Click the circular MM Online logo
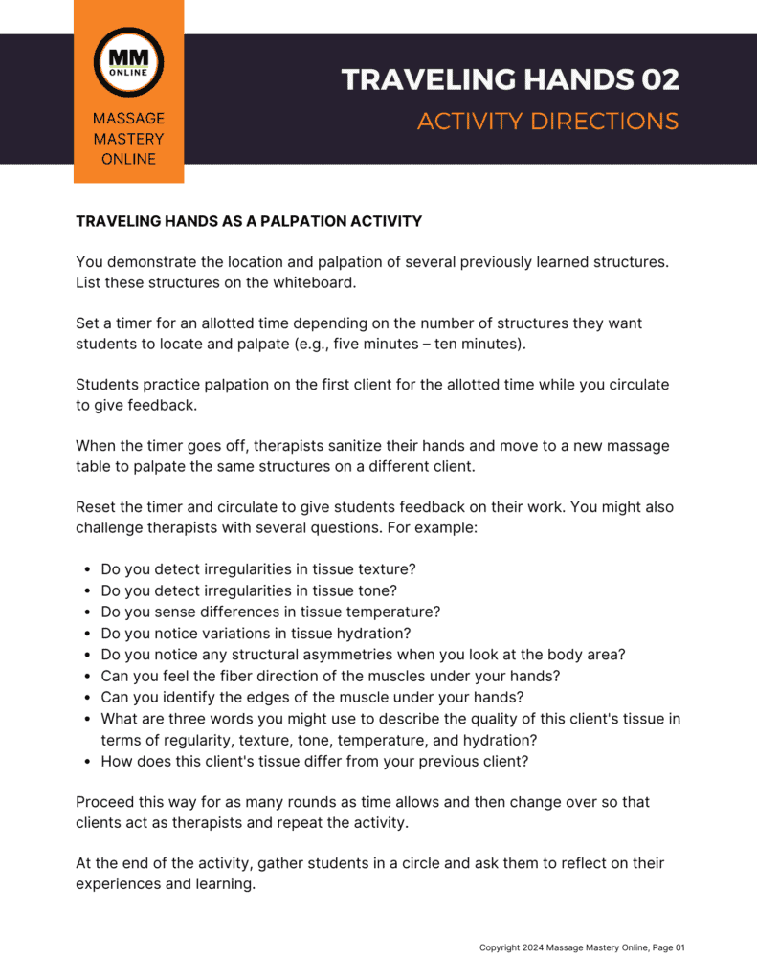coord(128,62)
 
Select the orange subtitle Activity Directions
coord(547,122)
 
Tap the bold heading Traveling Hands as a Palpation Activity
coord(249,221)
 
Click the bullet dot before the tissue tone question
coord(87,590)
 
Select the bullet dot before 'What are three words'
coord(87,719)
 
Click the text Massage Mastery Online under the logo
coord(128,139)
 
